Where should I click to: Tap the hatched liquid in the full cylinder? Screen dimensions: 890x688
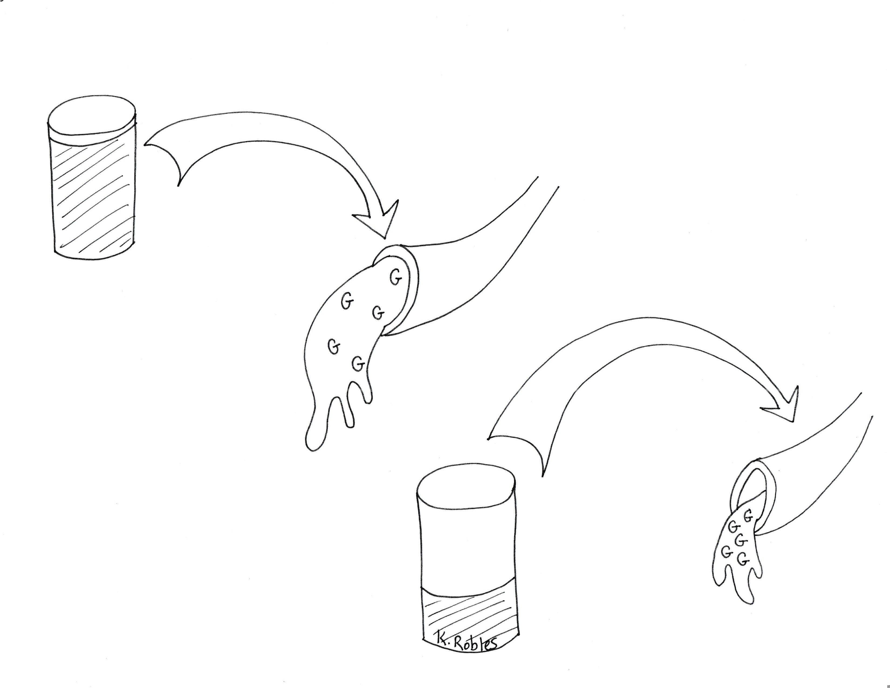pos(94,196)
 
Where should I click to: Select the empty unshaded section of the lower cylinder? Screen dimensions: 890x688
pos(467,546)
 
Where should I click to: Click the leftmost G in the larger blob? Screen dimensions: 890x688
pos(334,347)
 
